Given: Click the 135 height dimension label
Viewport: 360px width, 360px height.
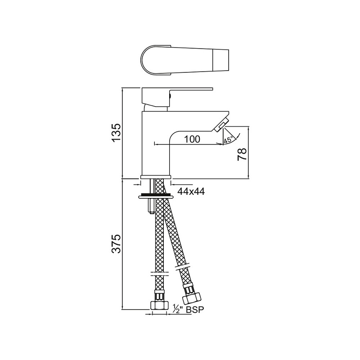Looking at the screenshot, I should click(x=116, y=132).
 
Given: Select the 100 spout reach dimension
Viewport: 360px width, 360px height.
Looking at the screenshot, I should click(x=192, y=139).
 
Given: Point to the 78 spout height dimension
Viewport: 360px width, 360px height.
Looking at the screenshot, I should click(x=242, y=154).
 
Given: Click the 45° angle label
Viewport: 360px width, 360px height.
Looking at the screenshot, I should click(x=228, y=140).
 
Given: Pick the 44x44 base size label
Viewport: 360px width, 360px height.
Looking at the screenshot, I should click(x=191, y=191).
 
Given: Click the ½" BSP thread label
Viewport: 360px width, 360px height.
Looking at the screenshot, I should click(x=185, y=309).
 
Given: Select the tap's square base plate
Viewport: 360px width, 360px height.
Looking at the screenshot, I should click(x=156, y=176).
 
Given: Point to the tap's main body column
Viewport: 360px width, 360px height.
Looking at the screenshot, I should click(x=155, y=144).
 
